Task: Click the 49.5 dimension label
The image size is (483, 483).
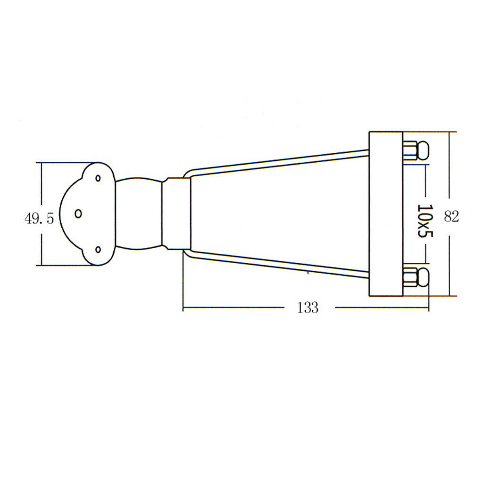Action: click(39, 219)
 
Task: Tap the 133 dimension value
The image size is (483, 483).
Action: click(308, 308)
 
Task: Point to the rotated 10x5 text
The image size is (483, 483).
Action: click(425, 220)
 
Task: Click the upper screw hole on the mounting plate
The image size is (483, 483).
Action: click(98, 178)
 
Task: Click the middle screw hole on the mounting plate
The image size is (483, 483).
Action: click(78, 213)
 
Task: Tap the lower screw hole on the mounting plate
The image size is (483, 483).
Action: click(98, 250)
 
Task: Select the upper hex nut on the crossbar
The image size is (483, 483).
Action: click(410, 150)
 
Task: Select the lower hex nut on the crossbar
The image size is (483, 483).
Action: click(410, 277)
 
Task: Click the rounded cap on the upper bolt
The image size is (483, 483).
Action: click(423, 150)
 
